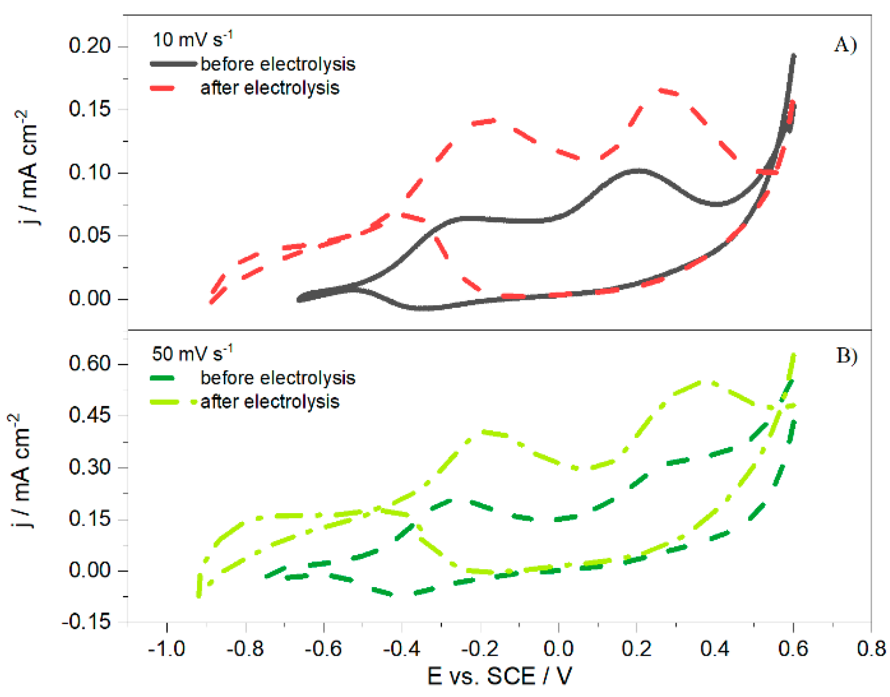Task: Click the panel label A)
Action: pyautogui.click(x=845, y=45)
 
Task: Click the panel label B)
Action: pyautogui.click(x=846, y=356)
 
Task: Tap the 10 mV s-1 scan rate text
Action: pyautogui.click(x=192, y=39)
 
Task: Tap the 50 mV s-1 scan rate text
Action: pyautogui.click(x=192, y=353)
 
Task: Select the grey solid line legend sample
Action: pyautogui.click(x=173, y=64)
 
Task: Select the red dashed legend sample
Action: pyautogui.click(x=162, y=88)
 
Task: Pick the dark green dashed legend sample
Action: pyautogui.click(x=162, y=378)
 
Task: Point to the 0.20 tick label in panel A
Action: pyautogui.click(x=89, y=46)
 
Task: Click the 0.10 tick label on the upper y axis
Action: pyautogui.click(x=89, y=172)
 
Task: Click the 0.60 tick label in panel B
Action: pyautogui.click(x=89, y=363)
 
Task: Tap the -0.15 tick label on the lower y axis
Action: pyautogui.click(x=87, y=622)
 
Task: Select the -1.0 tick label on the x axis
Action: pyautogui.click(x=167, y=649)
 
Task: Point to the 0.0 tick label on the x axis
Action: pyautogui.click(x=558, y=649)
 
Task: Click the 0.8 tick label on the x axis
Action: pyautogui.click(x=871, y=649)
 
